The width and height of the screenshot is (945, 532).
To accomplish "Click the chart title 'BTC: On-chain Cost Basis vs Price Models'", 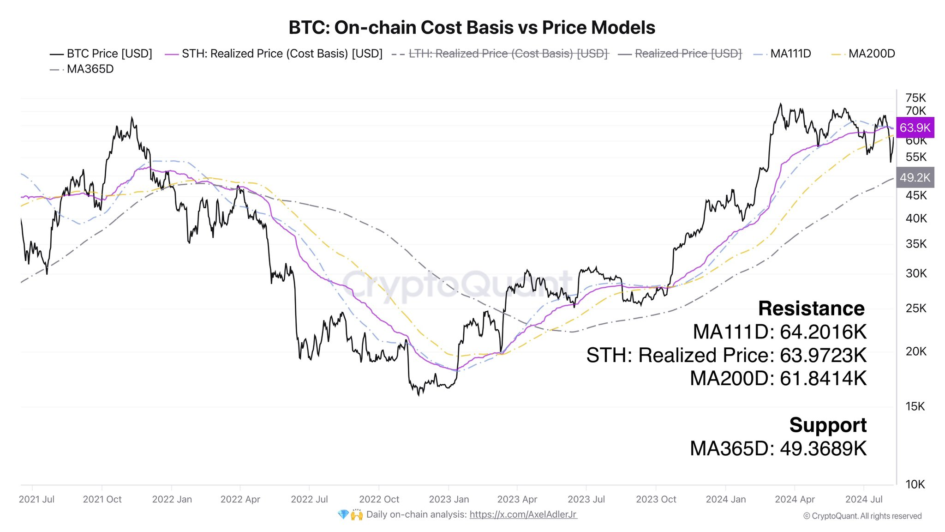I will click(472, 28).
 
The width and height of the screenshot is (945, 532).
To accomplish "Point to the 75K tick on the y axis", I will click(915, 98).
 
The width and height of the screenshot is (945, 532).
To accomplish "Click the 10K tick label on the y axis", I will click(915, 484).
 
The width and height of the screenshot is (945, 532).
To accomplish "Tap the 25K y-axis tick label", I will click(915, 308).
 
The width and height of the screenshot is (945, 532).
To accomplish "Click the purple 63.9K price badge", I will click(915, 127).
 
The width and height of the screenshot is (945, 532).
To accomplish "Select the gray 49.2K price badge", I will click(915, 177).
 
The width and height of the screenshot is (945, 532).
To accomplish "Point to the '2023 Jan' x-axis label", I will click(449, 499).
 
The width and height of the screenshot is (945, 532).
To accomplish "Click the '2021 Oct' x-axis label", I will click(102, 499).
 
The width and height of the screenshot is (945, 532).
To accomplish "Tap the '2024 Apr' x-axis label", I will click(795, 499).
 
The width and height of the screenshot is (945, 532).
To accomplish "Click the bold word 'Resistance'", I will click(811, 308).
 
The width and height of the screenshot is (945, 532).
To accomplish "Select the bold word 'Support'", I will click(828, 425).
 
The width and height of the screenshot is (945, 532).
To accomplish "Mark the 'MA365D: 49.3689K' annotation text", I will click(778, 448).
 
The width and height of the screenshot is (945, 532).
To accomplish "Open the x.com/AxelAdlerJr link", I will click(523, 514).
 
